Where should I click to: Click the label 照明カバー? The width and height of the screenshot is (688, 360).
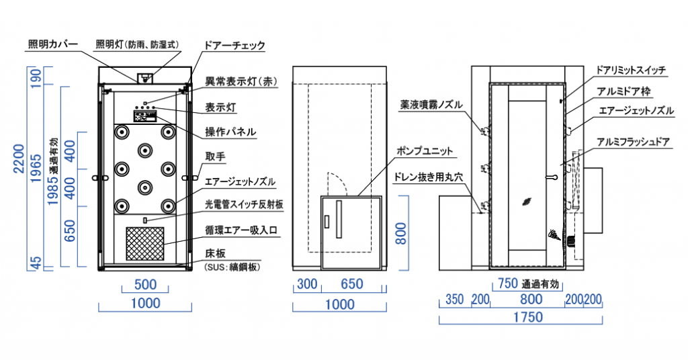click(x=54, y=45)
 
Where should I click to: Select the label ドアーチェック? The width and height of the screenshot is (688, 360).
click(x=234, y=46)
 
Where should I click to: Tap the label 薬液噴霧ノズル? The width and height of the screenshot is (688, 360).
click(x=433, y=104)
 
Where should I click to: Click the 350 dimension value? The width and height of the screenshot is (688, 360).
click(x=454, y=299)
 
